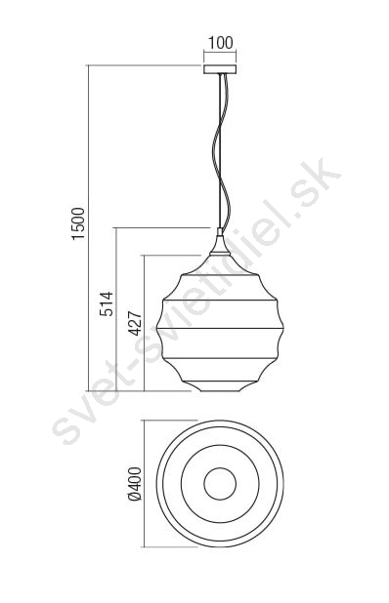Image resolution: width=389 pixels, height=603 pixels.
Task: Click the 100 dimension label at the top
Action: [220, 43]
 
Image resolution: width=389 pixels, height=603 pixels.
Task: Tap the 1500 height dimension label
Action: [78, 223]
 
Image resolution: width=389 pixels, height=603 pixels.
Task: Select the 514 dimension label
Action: [107, 303]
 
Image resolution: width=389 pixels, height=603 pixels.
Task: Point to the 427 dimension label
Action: [135, 323]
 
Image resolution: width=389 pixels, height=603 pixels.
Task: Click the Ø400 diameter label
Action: [135, 484]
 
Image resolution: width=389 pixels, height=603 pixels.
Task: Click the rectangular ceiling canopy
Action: [220, 69]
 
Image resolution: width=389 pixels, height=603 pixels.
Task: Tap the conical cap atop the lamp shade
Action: [220, 245]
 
